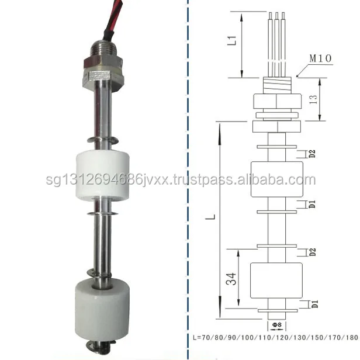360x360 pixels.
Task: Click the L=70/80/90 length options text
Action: coord(275,338)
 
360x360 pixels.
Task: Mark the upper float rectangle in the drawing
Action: coord(276,179)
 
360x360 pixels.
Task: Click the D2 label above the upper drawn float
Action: coord(312,154)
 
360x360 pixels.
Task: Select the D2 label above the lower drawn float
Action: coord(312,252)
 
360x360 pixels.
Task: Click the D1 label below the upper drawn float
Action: coord(312,204)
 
